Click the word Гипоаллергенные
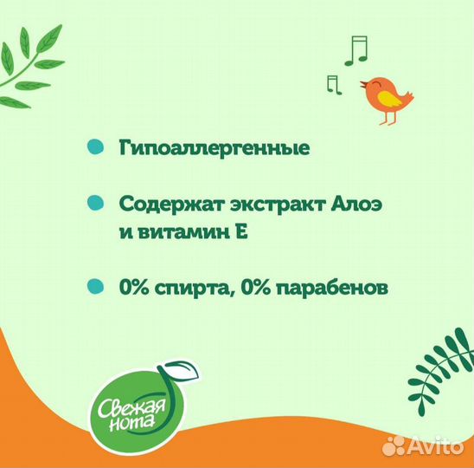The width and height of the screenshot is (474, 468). tap(215, 148)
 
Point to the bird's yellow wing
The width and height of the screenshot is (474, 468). tap(391, 98)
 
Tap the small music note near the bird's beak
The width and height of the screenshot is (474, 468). tap(331, 83)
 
